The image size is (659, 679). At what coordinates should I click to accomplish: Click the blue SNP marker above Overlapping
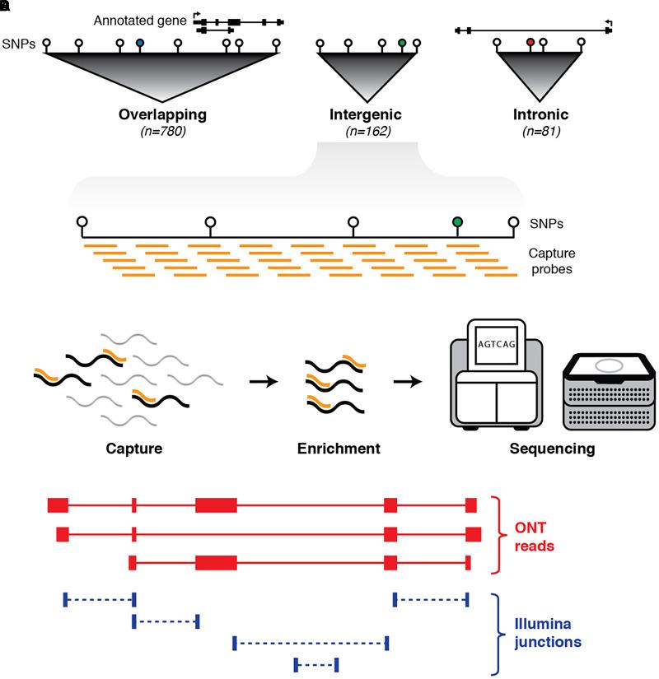point(140,42)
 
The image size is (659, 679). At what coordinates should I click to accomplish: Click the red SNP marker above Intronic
point(530,40)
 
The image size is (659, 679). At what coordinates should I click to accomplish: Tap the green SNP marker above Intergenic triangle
point(401,42)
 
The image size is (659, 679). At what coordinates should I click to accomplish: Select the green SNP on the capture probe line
point(457,221)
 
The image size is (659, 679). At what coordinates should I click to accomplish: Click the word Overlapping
point(162,114)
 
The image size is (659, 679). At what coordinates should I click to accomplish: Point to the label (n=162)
point(367,131)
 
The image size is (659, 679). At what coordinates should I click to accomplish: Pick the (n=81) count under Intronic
point(540,131)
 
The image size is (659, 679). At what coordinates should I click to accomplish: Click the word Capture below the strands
point(134,449)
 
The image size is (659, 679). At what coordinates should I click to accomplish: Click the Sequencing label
point(551,449)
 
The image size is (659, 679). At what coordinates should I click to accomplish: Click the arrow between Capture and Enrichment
point(263,381)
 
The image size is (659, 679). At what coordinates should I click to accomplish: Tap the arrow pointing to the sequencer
point(407,381)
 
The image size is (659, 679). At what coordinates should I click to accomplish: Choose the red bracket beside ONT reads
point(498,535)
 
